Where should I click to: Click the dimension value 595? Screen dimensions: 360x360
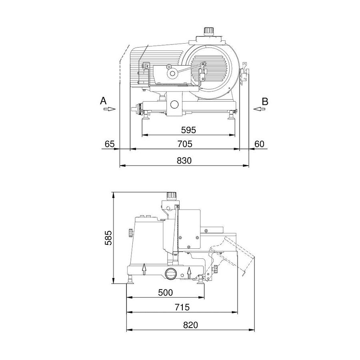coord(188,130)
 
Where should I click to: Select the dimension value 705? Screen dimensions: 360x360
coord(185,144)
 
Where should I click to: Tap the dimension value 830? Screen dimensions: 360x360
coord(184,160)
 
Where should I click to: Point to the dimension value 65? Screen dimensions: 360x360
coord(110,144)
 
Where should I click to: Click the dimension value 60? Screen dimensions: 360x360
coord(259,144)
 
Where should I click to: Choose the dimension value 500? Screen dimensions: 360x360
coord(165,292)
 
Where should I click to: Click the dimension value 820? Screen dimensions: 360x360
coord(191,325)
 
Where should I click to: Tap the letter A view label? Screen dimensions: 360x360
coord(103,101)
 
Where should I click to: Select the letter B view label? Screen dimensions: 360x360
coord(265,101)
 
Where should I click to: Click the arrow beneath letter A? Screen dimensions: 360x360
coord(111,108)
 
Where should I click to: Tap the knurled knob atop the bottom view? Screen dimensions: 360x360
coord(172,196)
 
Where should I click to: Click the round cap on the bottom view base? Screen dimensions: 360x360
coord(171,274)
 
